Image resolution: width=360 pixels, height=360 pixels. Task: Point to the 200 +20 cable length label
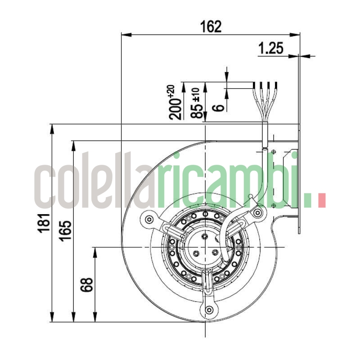(x=176, y=102)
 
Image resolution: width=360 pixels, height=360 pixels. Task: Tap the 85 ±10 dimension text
(x=196, y=103)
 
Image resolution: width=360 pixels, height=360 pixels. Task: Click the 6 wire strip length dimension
(x=217, y=107)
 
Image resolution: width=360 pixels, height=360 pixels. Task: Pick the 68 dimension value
(x=87, y=284)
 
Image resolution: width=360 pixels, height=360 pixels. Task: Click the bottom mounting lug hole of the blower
(x=208, y=310)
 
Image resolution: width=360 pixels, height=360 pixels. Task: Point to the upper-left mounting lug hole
(x=149, y=220)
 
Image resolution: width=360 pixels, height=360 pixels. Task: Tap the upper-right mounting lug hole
(x=257, y=212)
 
